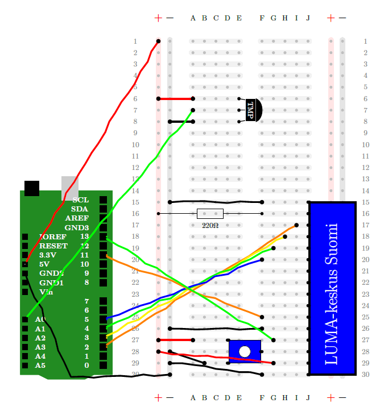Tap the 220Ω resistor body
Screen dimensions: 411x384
pyautogui.click(x=210, y=214)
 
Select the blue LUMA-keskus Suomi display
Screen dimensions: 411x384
pyautogui.click(x=332, y=288)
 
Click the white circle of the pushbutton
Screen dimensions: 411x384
pyautogui.click(x=245, y=351)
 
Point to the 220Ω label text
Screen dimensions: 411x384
pyautogui.click(x=210, y=226)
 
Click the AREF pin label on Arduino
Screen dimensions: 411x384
pyautogui.click(x=77, y=218)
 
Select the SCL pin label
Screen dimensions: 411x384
pyautogui.click(x=80, y=200)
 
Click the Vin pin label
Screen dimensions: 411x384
pyautogui.click(x=46, y=292)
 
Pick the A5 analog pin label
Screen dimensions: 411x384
pyautogui.click(x=40, y=365)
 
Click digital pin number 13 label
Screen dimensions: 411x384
pyautogui.click(x=84, y=236)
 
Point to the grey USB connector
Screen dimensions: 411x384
pyautogui.click(x=69, y=188)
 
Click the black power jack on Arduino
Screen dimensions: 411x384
pyautogui.click(x=32, y=188)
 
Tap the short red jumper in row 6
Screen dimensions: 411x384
pyautogui.click(x=175, y=99)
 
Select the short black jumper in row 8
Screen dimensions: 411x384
pyautogui.click(x=181, y=122)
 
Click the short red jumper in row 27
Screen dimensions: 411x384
pyautogui.click(x=175, y=340)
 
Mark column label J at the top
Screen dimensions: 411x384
pyautogui.click(x=308, y=18)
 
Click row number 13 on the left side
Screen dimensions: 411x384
pyautogui.click(x=135, y=179)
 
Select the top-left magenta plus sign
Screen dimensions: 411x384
pyautogui.click(x=158, y=18)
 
